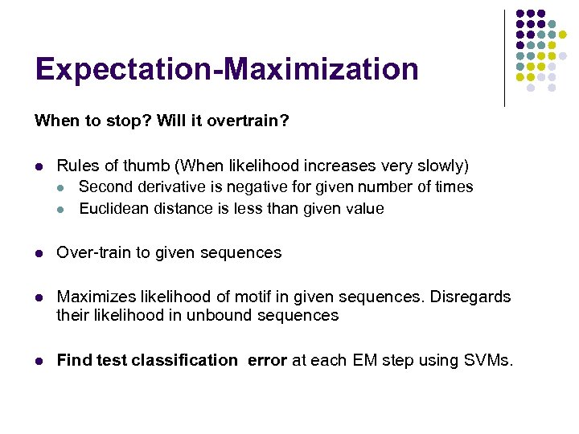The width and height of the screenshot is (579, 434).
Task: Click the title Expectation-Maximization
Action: click(x=227, y=69)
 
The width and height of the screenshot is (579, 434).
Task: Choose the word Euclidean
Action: click(x=113, y=209)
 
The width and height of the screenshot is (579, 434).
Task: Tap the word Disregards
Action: click(x=470, y=297)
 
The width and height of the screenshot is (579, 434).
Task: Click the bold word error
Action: click(x=267, y=360)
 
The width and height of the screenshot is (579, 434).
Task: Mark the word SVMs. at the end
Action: click(x=487, y=360)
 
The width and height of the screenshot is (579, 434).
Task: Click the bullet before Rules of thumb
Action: click(x=39, y=167)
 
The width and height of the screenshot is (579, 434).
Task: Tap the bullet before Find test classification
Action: click(x=39, y=361)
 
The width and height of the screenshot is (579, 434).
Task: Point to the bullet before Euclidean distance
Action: click(x=64, y=209)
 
